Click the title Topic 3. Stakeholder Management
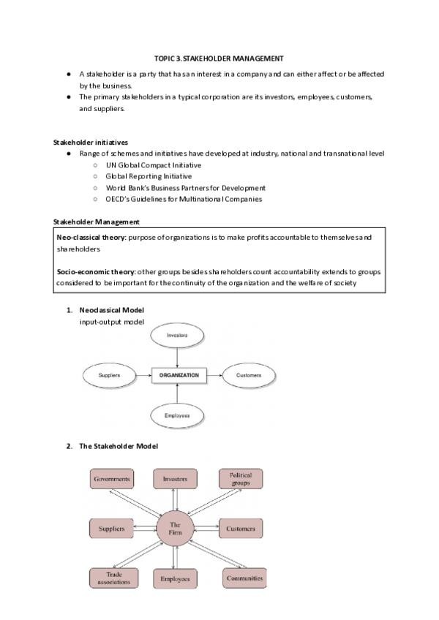pos(219,58)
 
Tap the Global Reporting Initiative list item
pos(149,176)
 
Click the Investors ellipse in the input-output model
pos(178,336)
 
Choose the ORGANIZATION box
pos(179,376)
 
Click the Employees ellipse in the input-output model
pos(178,416)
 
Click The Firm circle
pos(175,529)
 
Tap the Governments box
pos(112,480)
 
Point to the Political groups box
pos(241,480)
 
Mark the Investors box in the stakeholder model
pos(175,480)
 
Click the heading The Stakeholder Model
pos(118,446)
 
